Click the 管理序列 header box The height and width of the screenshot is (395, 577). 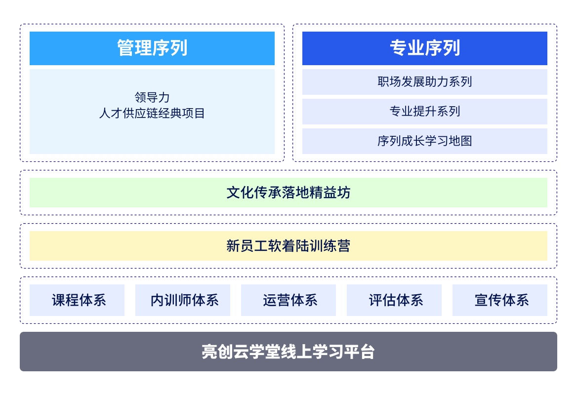point(152,48)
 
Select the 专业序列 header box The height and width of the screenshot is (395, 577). point(425,48)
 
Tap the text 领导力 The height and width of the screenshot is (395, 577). point(152,97)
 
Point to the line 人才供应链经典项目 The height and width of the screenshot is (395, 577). point(152,113)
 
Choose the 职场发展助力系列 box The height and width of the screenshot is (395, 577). point(425,81)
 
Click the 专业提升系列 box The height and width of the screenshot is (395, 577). point(425,112)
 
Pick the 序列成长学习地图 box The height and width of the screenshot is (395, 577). point(425,141)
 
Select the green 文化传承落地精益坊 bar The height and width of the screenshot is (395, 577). point(288,193)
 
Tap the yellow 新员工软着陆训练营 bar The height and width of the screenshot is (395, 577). point(288,246)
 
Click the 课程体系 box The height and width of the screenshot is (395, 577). point(77,300)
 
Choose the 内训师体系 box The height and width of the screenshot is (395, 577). point(183,300)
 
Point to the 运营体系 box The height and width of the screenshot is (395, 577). point(288,300)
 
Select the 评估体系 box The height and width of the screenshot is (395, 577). point(394,300)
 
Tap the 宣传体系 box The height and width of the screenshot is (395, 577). point(500,300)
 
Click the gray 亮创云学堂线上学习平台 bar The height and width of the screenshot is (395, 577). point(288,352)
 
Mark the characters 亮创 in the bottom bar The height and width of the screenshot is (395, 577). point(217,352)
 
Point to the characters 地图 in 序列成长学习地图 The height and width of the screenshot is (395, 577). point(460,141)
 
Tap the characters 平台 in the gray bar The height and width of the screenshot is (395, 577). point(360,352)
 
